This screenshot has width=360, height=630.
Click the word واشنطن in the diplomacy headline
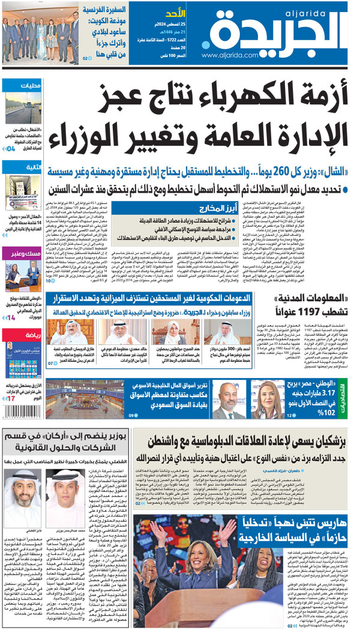point(170,447)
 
